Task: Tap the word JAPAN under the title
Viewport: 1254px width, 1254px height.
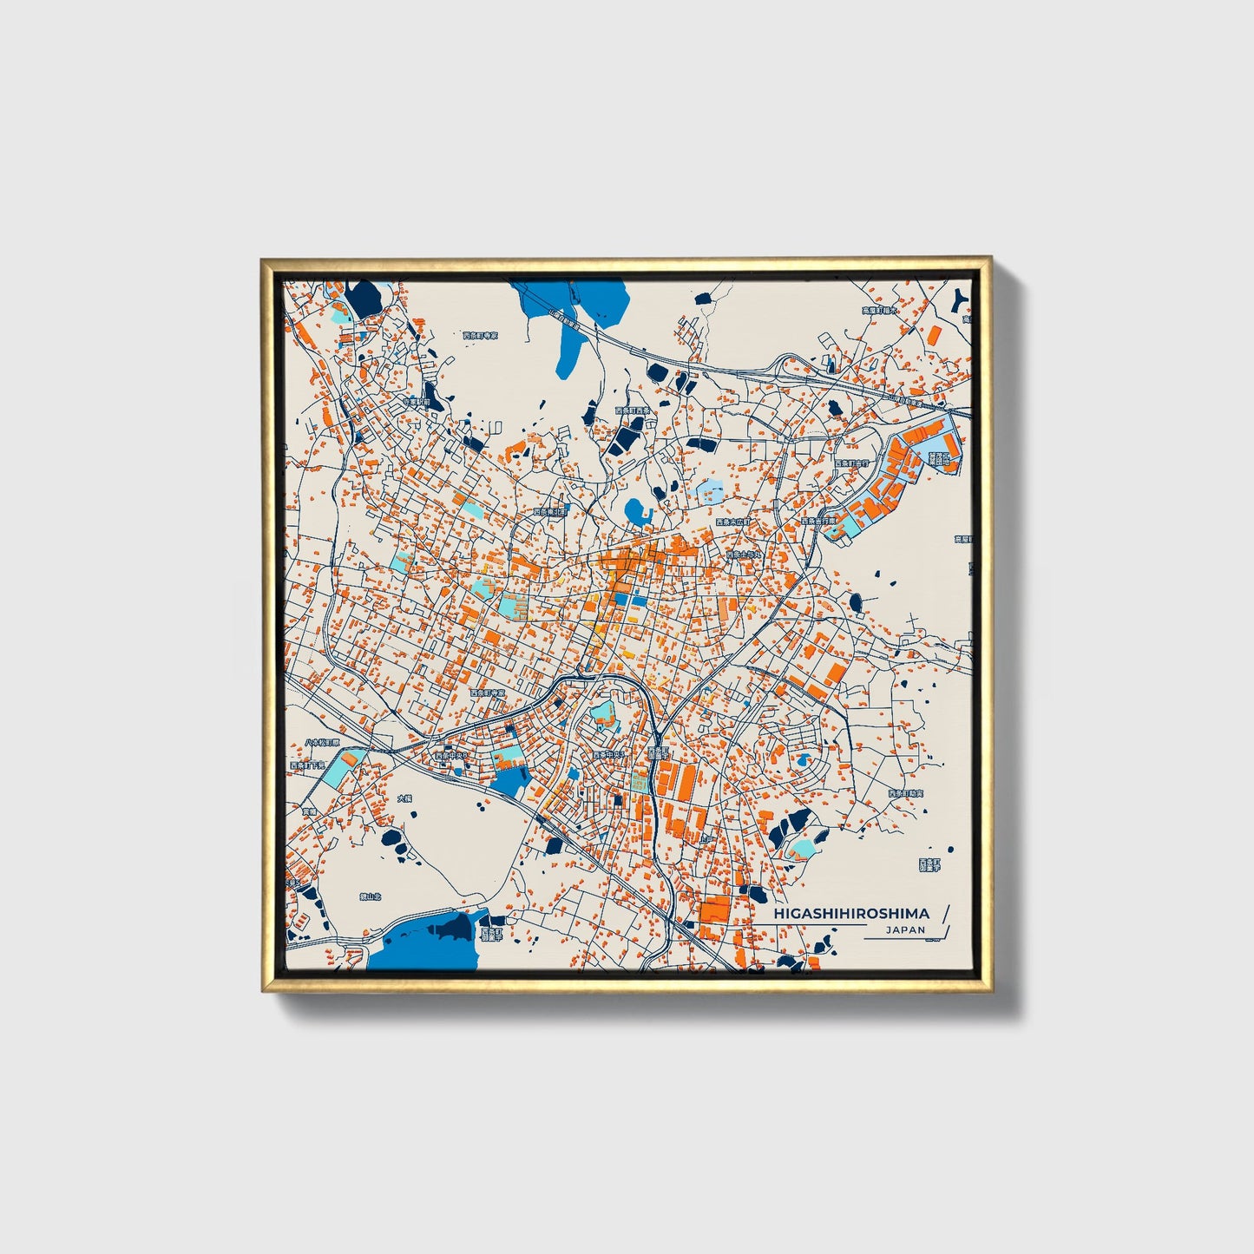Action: (905, 929)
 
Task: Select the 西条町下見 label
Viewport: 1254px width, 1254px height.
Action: (309, 766)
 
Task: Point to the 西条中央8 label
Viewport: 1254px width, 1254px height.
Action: (451, 756)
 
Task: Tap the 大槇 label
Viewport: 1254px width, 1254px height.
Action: (404, 798)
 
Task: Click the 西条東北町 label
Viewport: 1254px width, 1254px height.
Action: (550, 512)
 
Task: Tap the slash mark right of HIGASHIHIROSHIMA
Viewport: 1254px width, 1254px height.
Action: (945, 913)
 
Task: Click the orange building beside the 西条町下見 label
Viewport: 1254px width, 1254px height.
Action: (349, 759)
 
